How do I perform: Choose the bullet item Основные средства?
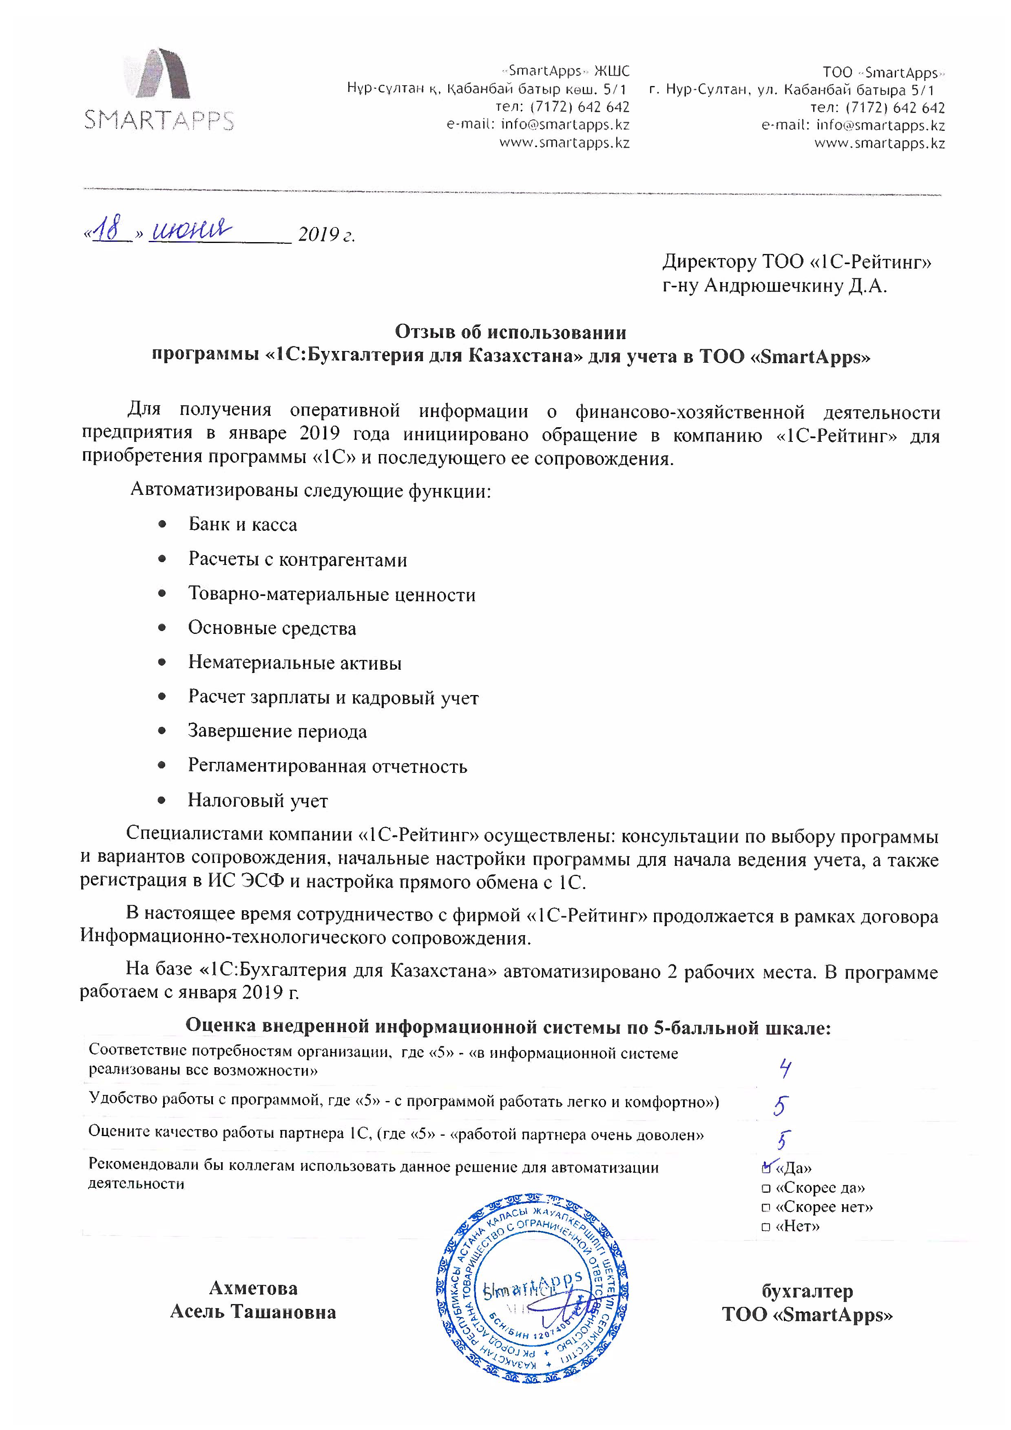pos(272,629)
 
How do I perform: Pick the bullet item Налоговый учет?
pos(257,801)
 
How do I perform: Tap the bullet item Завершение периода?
pos(277,732)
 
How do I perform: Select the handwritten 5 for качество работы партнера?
pos(782,1140)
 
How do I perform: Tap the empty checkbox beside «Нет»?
pos(766,1227)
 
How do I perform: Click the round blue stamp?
pos(533,1289)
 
